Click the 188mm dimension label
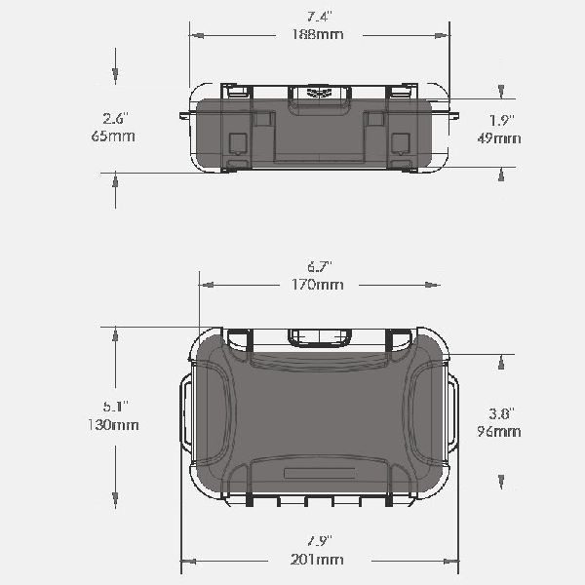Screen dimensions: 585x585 coord(318,34)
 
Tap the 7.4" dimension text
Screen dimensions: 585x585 coord(320,17)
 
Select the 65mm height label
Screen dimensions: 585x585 coord(113,136)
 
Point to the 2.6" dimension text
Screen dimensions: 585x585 coord(116,119)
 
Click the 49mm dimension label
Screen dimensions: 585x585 coord(499,138)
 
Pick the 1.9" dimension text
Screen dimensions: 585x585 coord(502,120)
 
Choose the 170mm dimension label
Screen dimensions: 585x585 coord(317,285)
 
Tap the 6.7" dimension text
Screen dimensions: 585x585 coord(320,267)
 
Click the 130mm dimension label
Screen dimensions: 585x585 coord(113,424)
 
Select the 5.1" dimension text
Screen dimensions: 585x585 coord(116,407)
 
